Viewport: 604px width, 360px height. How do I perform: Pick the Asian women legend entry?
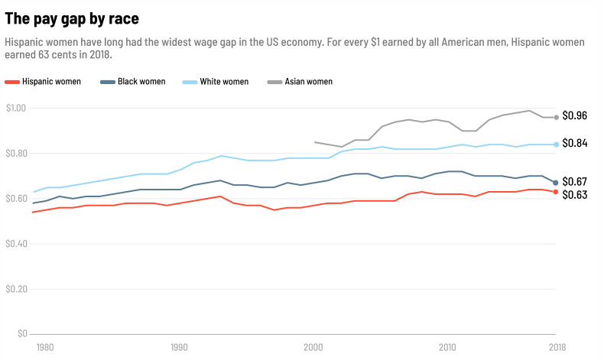point(308,82)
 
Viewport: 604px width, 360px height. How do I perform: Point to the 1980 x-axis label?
point(45,347)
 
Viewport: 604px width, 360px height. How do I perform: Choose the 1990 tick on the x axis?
point(180,347)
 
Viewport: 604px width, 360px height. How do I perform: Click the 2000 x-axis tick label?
point(313,347)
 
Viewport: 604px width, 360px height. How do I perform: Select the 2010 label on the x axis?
point(448,347)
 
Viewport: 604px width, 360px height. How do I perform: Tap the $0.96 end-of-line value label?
point(574,116)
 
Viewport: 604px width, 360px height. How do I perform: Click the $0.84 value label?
point(574,144)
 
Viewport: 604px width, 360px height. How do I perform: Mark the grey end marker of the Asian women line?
point(556,117)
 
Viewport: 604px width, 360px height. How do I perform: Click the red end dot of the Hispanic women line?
point(556,192)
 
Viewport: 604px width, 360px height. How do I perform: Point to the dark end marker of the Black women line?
point(556,183)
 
